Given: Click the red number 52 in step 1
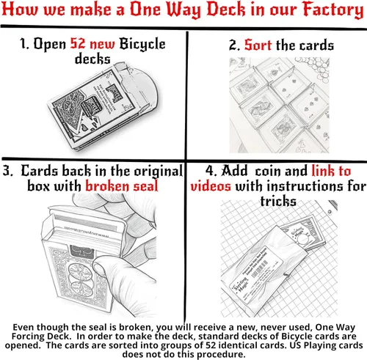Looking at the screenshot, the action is click(78, 43).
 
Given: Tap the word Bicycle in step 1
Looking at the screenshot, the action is click(142, 45).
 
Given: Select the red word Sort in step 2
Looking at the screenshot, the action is click(258, 45).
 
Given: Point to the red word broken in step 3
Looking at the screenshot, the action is click(106, 186).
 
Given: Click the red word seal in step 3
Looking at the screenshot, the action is click(145, 186).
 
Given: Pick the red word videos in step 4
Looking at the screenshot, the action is click(211, 186).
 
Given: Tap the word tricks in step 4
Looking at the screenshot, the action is click(278, 202).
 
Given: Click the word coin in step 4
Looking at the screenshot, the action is click(269, 171).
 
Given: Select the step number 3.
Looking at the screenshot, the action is click(7, 171).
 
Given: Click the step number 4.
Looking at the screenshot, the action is click(211, 171).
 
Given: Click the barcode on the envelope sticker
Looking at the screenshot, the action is click(260, 269).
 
